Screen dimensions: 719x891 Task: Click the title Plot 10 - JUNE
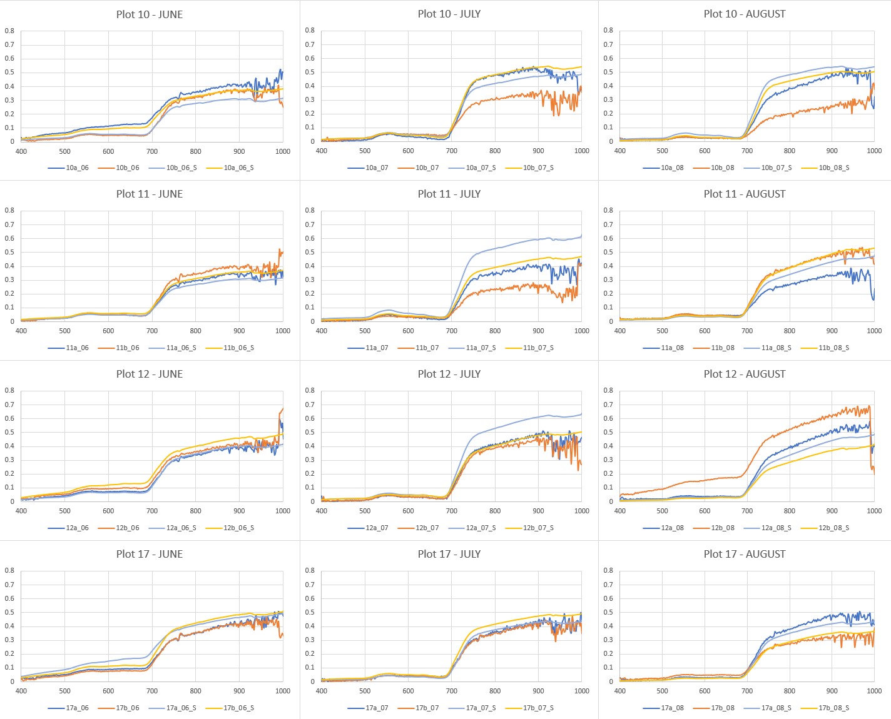click(149, 14)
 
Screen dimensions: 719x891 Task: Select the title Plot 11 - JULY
click(449, 194)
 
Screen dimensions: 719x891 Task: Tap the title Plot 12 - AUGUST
click(744, 374)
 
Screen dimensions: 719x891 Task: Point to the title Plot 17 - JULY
click(449, 554)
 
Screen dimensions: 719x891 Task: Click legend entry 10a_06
click(77, 168)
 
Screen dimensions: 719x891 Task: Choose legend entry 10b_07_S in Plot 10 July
click(538, 168)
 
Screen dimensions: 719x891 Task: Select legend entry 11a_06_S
click(181, 348)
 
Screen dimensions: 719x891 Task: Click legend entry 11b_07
click(427, 348)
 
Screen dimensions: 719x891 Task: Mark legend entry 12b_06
click(128, 528)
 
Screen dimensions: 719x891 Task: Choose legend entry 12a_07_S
click(481, 528)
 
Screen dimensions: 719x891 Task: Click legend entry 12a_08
click(672, 528)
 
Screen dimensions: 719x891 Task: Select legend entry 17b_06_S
click(238, 708)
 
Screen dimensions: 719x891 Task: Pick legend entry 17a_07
click(377, 708)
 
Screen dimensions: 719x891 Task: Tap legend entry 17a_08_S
click(776, 708)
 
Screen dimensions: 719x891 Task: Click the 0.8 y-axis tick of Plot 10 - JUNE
click(9, 31)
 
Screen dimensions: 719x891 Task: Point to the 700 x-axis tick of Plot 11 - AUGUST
click(747, 331)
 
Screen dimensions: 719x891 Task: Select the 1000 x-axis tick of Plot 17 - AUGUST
click(874, 691)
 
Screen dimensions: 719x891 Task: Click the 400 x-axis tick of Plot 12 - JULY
click(322, 511)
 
